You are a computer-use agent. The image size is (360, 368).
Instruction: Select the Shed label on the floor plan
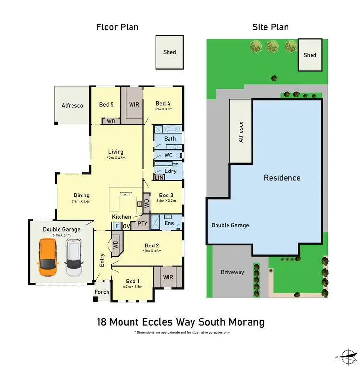[169, 52]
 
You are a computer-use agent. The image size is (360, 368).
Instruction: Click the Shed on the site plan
[310, 55]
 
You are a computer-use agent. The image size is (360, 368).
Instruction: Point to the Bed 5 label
[107, 104]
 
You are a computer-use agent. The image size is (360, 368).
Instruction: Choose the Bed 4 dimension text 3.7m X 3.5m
[163, 109]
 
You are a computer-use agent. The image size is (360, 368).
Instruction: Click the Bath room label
[170, 139]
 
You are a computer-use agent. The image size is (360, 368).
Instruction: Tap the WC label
[168, 155]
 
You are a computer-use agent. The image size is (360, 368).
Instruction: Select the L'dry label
[170, 172]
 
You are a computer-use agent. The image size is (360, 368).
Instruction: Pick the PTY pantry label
[142, 223]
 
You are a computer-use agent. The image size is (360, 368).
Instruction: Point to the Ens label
[169, 223]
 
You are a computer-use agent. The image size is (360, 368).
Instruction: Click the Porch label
[102, 292]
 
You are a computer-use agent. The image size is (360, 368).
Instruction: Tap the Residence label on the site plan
[282, 178]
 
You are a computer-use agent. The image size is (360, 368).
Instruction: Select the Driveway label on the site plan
[232, 272]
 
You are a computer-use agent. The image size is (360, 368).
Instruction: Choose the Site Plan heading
[271, 27]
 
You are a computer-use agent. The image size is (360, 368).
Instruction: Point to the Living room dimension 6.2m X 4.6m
[116, 158]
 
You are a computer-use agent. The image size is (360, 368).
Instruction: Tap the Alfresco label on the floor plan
[72, 105]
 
